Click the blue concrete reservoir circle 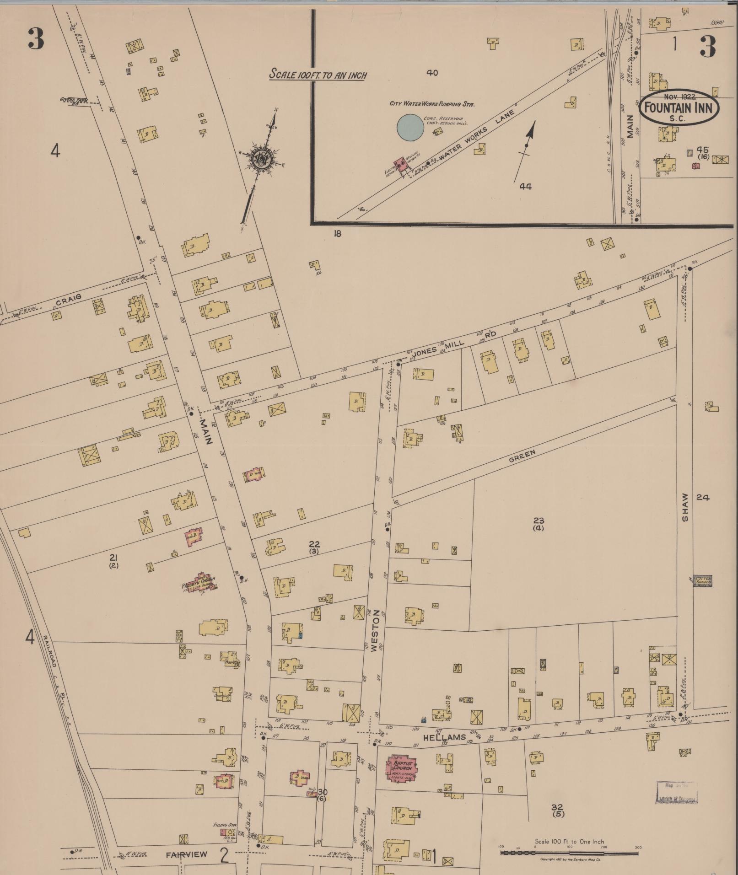click(x=410, y=127)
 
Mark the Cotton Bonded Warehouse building click(x=702, y=580)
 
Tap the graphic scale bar click(x=569, y=853)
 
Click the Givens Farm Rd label click(x=70, y=101)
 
